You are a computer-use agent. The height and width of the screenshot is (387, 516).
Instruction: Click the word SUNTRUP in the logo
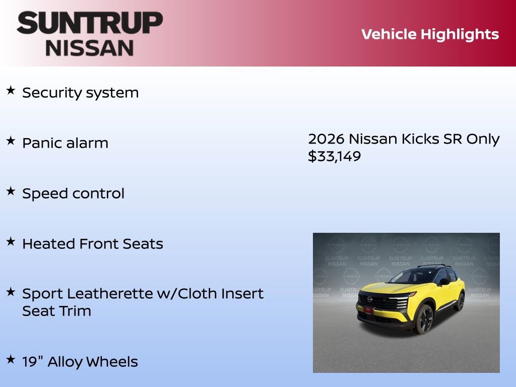[90, 23]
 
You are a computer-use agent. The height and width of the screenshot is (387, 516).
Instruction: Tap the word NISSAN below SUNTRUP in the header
[90, 47]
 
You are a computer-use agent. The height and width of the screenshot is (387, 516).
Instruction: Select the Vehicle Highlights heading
[430, 34]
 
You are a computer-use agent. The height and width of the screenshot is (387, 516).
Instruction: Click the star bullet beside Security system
[11, 91]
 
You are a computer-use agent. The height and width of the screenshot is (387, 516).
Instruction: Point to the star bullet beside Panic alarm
[11, 141]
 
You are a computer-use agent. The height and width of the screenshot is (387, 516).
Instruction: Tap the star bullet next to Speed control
[11, 191]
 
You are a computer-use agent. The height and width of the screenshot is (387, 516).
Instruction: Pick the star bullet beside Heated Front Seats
[11, 242]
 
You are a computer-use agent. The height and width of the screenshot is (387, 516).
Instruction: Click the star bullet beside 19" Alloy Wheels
[11, 360]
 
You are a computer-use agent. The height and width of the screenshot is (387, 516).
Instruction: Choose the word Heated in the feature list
[48, 244]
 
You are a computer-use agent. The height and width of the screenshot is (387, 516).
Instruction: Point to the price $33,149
[335, 157]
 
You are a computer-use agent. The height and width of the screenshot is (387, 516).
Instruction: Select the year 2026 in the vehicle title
[326, 139]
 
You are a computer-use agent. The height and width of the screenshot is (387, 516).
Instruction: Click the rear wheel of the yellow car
[460, 301]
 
